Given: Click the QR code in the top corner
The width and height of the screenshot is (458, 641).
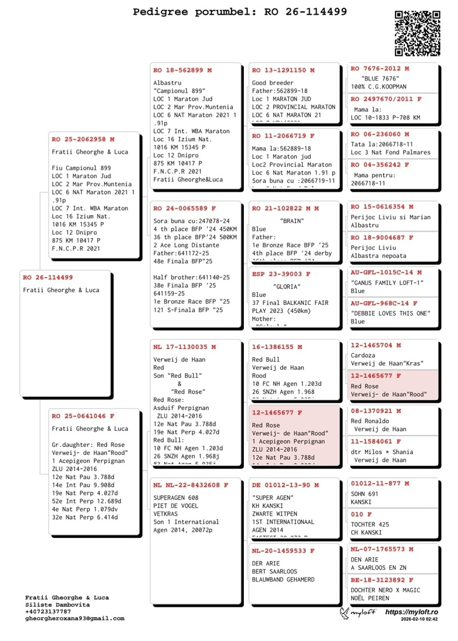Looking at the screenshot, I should [x=417, y=33].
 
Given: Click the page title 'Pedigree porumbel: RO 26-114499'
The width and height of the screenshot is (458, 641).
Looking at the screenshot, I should [x=240, y=11].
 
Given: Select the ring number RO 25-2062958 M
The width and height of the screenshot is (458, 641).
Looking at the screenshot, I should [x=83, y=139].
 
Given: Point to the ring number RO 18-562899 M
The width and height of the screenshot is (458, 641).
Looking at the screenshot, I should [x=183, y=70].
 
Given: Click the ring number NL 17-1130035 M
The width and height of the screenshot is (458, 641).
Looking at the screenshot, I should [x=184, y=347].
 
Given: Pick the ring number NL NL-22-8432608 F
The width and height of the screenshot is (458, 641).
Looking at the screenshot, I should [x=191, y=485].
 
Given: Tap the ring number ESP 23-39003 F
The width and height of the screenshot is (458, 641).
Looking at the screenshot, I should [x=282, y=274].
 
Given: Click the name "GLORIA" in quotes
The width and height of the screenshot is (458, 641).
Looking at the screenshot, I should [x=286, y=287].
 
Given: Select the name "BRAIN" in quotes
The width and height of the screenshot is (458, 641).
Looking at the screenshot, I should [x=292, y=220].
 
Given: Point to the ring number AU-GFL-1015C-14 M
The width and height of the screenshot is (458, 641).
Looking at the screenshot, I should [x=386, y=272].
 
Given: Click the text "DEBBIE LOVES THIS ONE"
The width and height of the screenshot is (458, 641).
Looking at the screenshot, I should [x=390, y=313].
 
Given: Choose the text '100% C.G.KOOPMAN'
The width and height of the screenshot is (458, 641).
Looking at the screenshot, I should [x=378, y=86].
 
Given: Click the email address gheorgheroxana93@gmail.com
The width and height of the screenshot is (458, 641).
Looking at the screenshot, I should [x=74, y=618].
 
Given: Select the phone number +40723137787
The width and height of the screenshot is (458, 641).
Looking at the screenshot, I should [x=48, y=611].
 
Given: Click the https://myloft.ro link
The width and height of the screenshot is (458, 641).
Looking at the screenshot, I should [x=412, y=612].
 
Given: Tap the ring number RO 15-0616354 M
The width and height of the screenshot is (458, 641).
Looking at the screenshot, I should [x=382, y=207].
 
